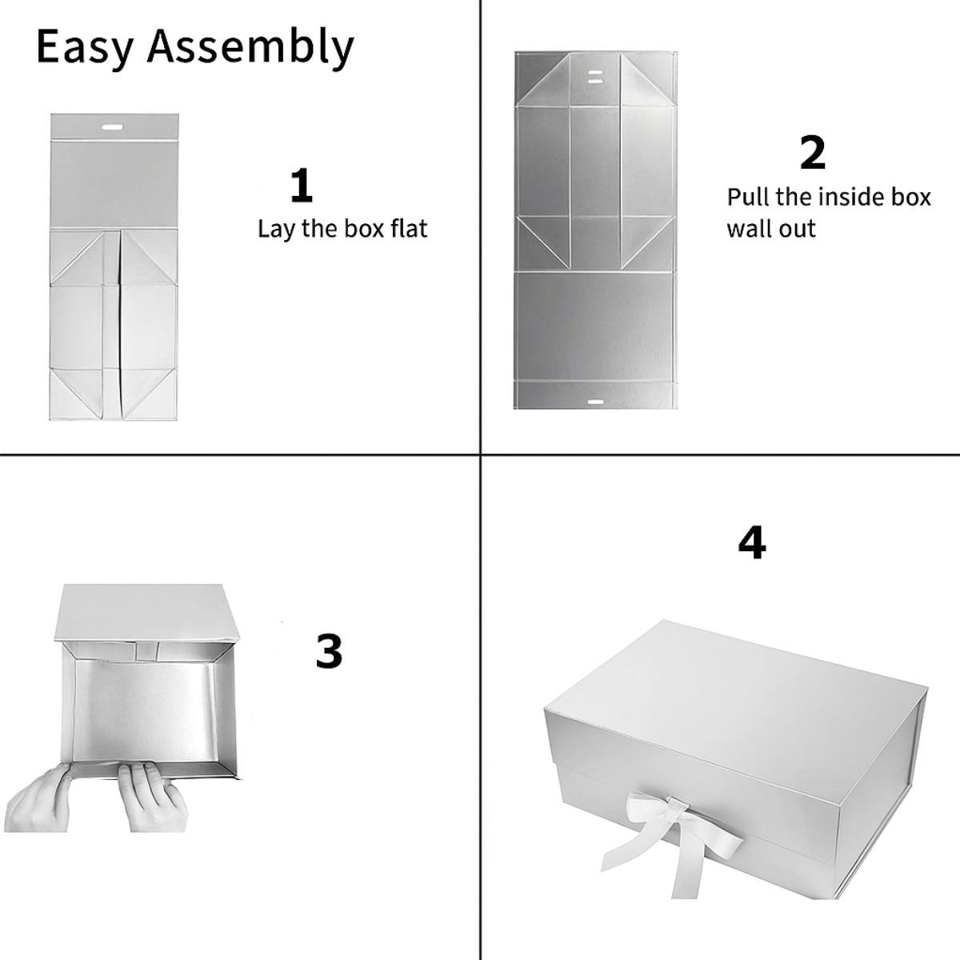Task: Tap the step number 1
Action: point(302,186)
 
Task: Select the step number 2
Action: point(812,154)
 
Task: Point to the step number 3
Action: point(329,651)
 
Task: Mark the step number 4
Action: point(751,544)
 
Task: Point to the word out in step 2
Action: point(797,229)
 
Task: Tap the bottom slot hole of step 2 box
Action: point(594,397)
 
